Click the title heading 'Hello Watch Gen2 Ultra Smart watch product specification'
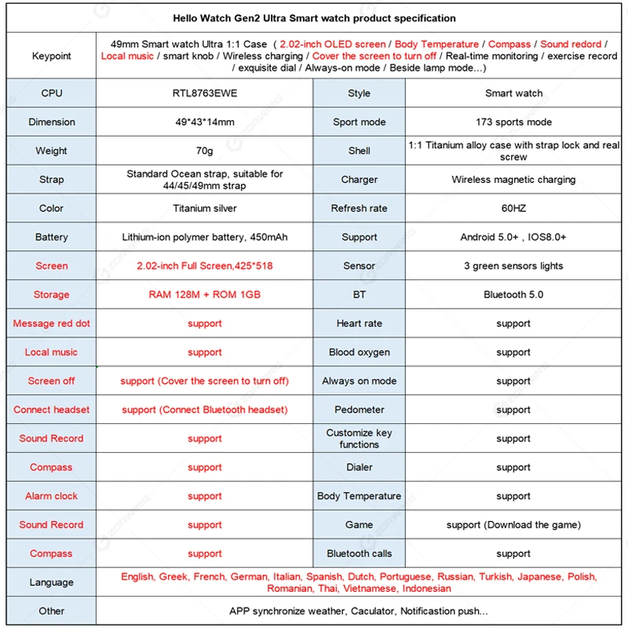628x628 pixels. point(313,17)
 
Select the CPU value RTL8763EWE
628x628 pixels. point(205,93)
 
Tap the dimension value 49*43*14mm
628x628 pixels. point(205,122)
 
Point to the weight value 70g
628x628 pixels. point(205,151)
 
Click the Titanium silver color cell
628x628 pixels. point(205,209)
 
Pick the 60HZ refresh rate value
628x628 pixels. point(513,209)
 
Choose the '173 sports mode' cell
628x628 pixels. point(513,122)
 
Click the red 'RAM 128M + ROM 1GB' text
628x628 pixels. point(205,295)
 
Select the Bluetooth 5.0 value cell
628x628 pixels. point(513,295)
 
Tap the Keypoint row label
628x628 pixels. point(52,57)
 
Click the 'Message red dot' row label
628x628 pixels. point(52,323)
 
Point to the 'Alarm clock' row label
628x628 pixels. point(52,496)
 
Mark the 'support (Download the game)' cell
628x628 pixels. point(513,525)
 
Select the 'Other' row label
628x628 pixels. point(52,611)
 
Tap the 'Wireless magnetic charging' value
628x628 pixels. point(513,180)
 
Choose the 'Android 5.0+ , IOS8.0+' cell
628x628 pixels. point(513,237)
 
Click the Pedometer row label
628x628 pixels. point(360,410)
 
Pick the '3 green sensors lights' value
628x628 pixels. point(513,266)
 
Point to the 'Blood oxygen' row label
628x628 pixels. point(360,352)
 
